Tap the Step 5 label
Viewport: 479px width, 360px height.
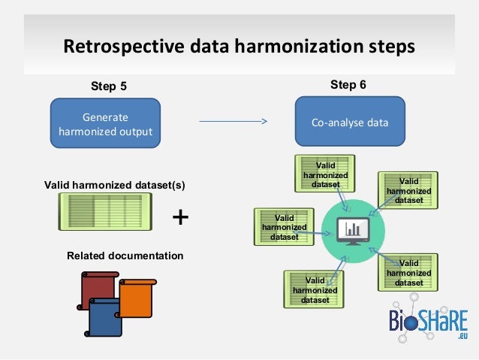[109, 86]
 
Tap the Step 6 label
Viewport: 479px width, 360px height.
[348, 85]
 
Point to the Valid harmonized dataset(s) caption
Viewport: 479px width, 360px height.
[114, 184]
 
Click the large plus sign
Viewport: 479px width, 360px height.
[181, 217]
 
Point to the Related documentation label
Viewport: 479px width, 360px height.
[125, 256]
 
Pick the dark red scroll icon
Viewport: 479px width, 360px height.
[98, 289]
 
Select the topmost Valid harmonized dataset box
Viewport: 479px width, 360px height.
[325, 174]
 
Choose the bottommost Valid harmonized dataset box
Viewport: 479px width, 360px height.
[315, 289]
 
